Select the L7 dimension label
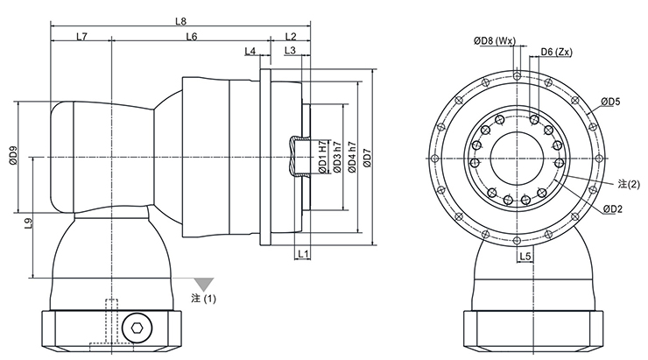pos(81,36)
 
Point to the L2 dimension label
pos(292,36)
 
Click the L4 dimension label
pos(250,52)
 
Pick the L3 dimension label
pos(292,52)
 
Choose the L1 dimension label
pos(301,253)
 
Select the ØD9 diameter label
pos(12,156)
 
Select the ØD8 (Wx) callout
pos(495,40)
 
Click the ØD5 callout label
pos(610,102)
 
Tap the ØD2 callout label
pos(612,208)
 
